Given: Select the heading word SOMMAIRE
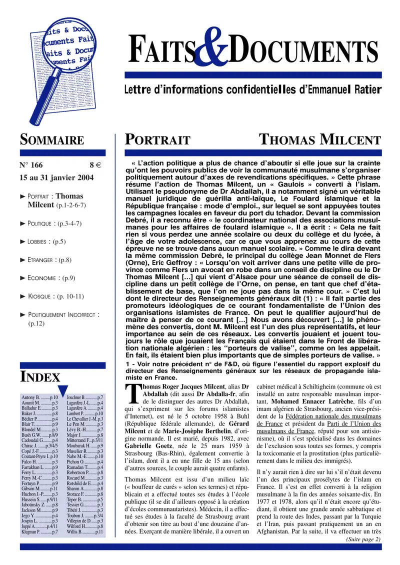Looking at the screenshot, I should (x=51, y=139).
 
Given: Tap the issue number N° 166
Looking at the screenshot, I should (x=31, y=165).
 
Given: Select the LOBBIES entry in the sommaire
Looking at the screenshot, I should (x=46, y=241).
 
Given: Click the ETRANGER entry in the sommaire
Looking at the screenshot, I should (x=49, y=260).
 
